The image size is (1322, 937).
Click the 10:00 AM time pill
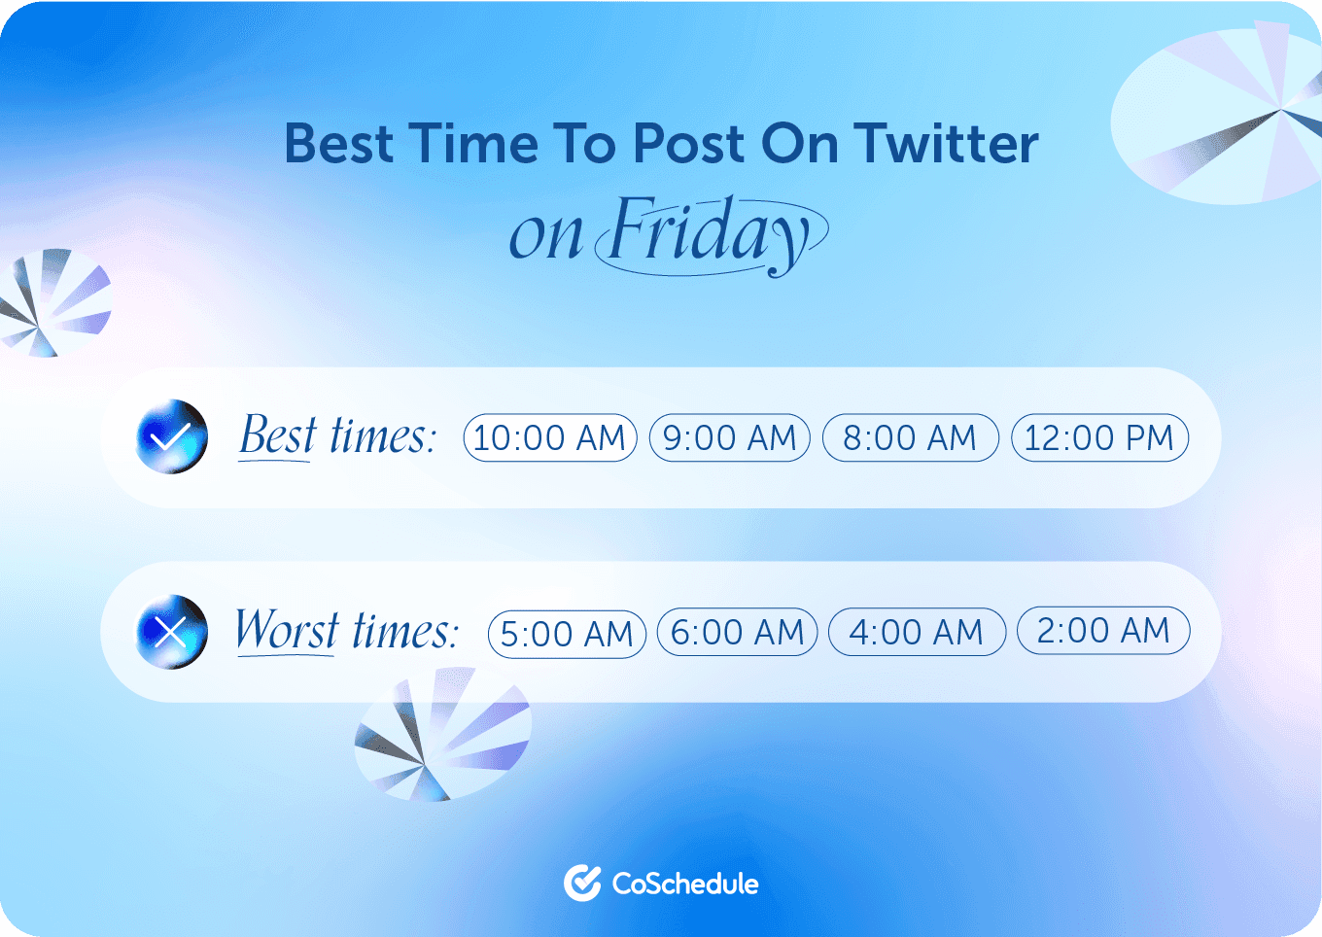(550, 437)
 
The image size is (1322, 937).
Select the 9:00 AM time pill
(729, 437)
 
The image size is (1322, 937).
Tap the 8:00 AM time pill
(910, 437)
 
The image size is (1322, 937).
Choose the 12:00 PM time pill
(1099, 437)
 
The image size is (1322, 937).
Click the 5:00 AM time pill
(567, 634)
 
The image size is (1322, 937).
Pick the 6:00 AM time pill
(738, 632)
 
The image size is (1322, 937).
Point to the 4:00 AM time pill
(917, 632)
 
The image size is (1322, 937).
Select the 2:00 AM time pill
(1103, 630)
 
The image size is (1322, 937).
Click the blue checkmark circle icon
(171, 436)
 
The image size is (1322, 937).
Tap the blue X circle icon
(171, 632)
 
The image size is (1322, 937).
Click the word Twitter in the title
(947, 144)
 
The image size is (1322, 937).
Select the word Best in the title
(339, 144)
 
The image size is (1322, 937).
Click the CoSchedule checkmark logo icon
(582, 883)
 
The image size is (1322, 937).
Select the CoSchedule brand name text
(685, 884)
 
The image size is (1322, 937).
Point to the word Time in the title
(473, 144)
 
